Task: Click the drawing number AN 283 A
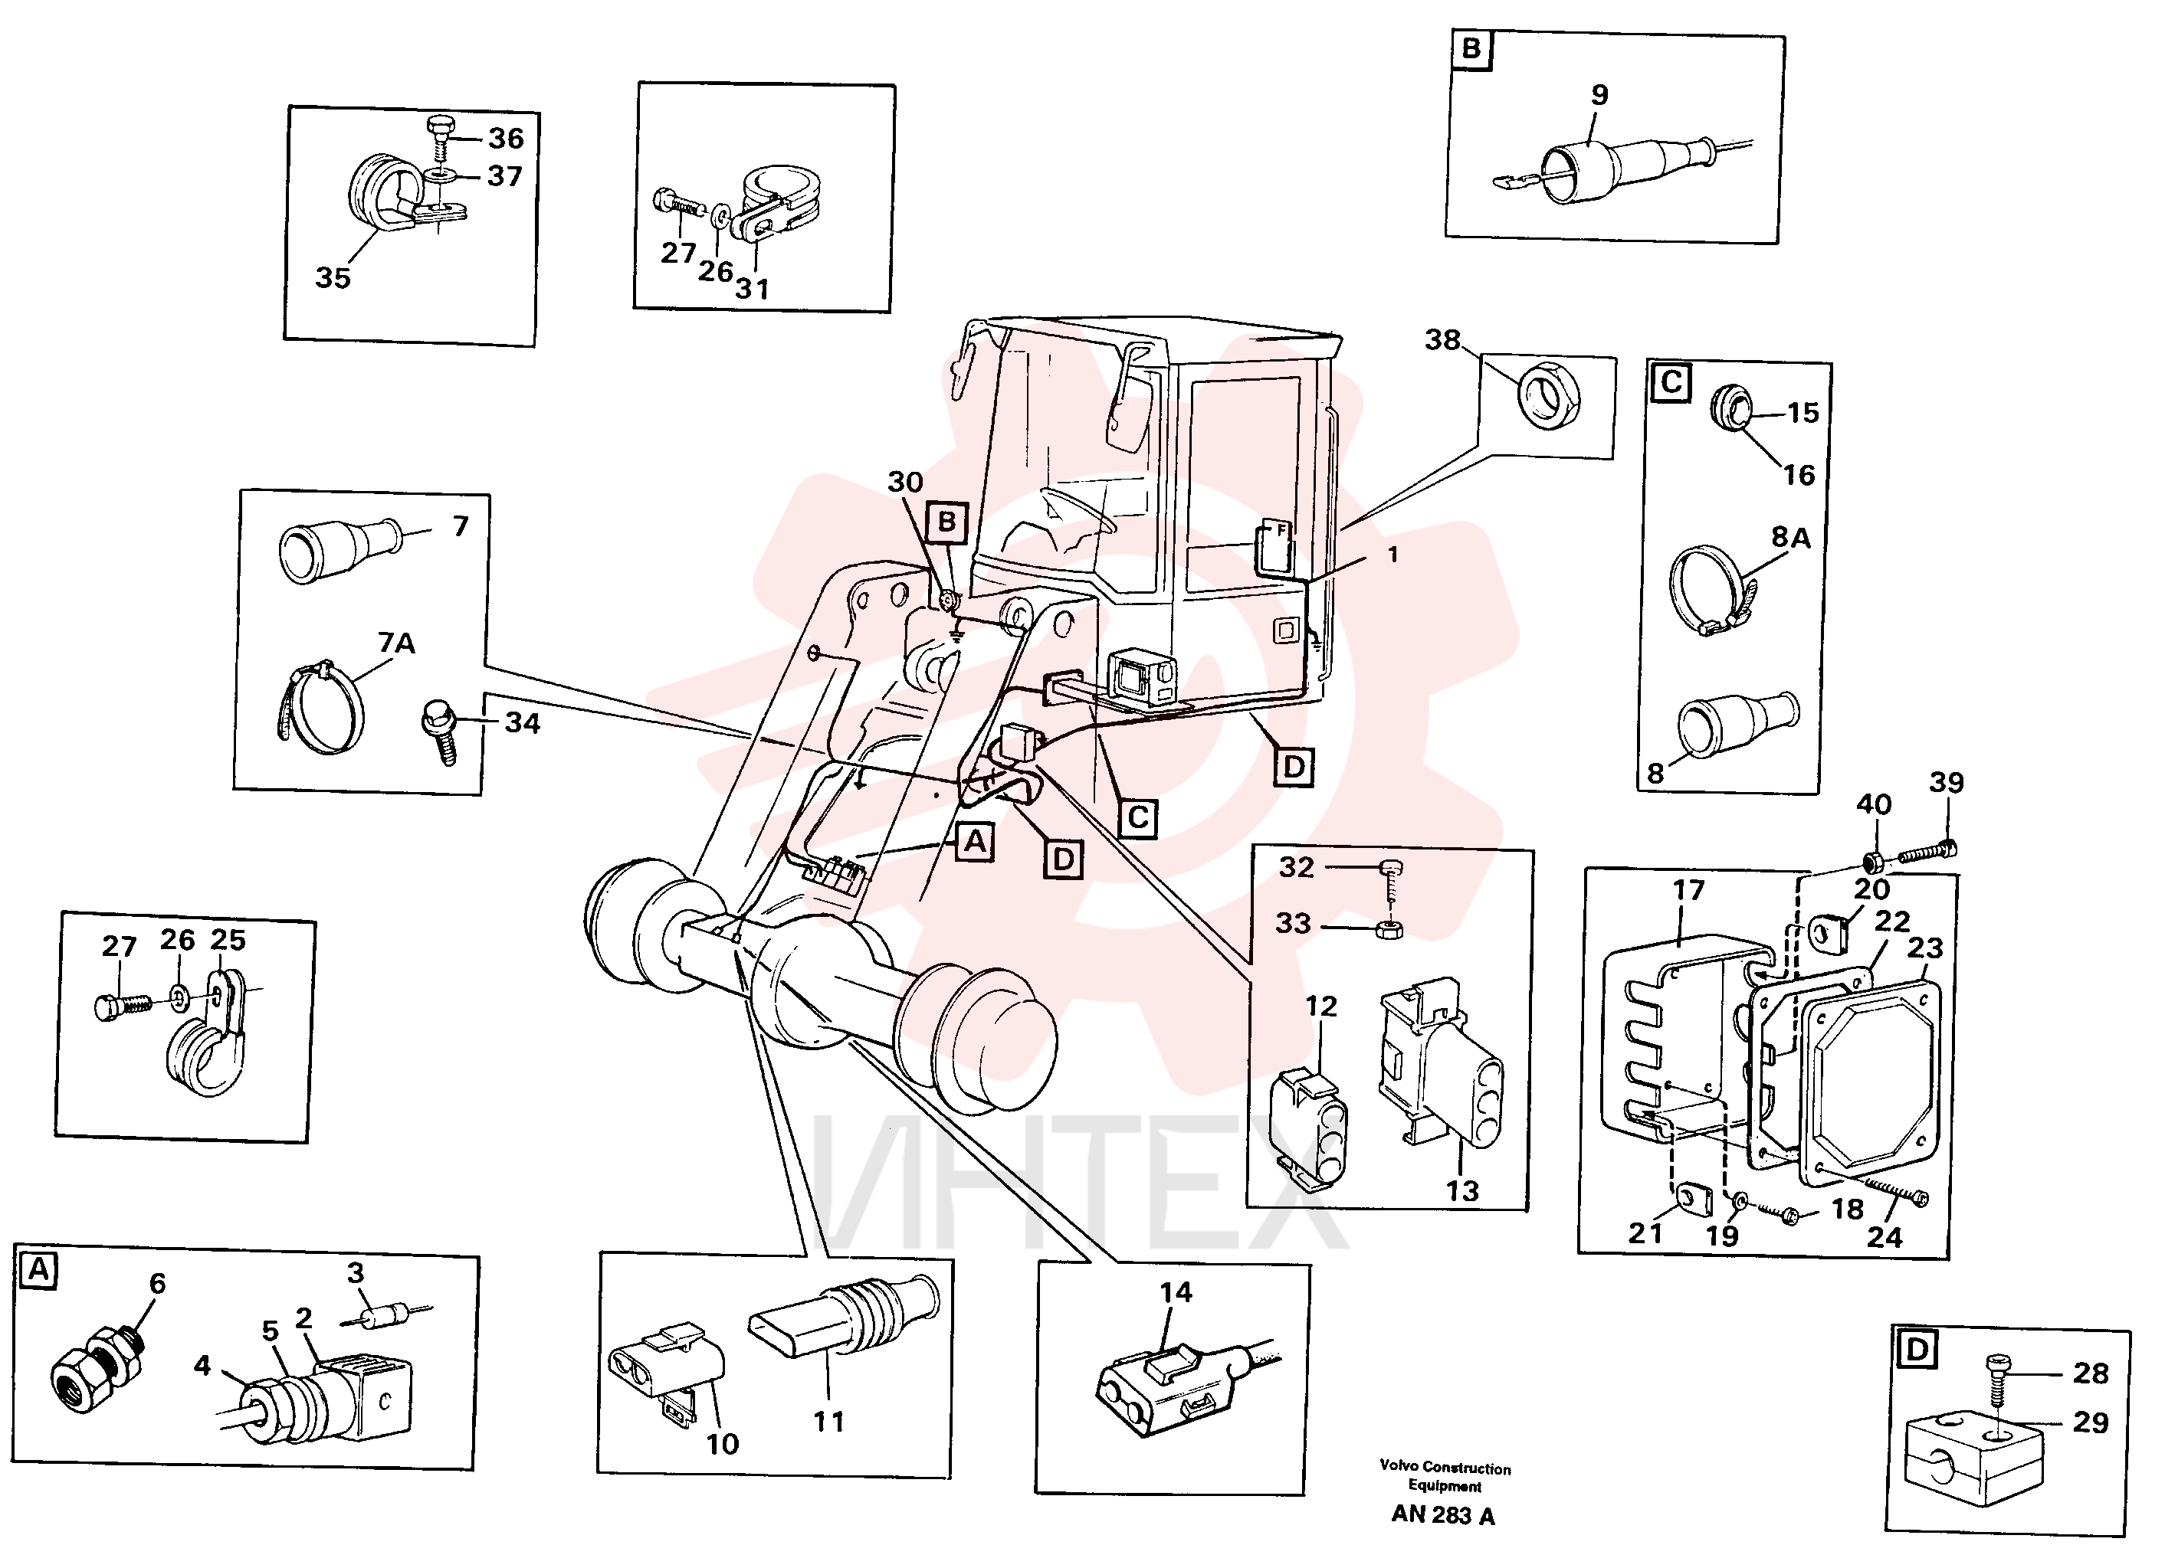click(x=1442, y=1515)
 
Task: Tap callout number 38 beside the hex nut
click(x=1442, y=340)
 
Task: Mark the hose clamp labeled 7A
click(x=321, y=707)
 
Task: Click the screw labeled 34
click(x=439, y=730)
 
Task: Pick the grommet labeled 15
click(x=1730, y=408)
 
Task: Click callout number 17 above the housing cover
click(x=1688, y=889)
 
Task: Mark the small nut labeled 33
click(x=1389, y=928)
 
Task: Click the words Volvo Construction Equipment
click(x=1445, y=1476)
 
